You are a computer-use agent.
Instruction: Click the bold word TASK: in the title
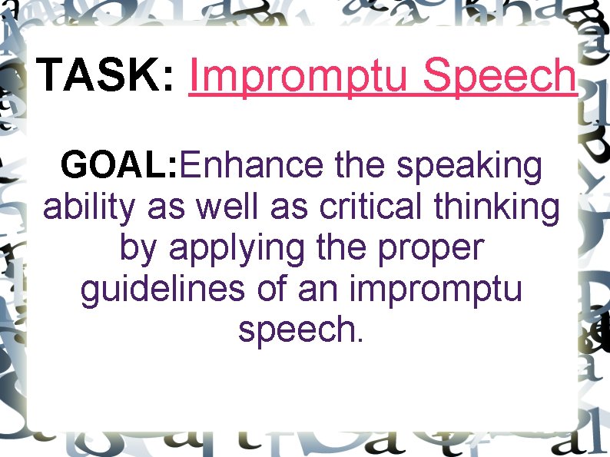click(x=106, y=75)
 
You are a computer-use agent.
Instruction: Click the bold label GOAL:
click(x=119, y=165)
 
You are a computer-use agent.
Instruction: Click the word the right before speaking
click(x=360, y=165)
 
